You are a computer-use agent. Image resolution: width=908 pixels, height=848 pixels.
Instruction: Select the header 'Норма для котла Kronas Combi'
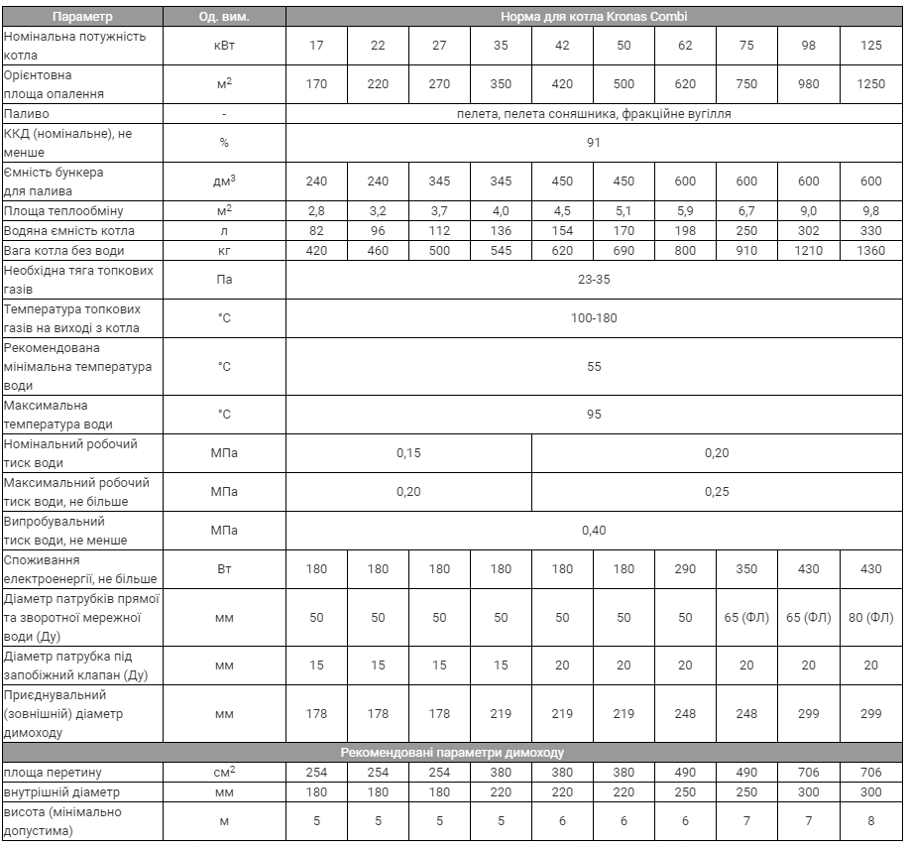point(593,17)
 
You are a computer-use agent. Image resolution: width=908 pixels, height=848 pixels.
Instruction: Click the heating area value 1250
point(870,83)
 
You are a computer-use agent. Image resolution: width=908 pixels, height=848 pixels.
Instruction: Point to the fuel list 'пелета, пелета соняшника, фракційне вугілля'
point(593,114)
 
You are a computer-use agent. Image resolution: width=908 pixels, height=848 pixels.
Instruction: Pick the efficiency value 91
point(593,142)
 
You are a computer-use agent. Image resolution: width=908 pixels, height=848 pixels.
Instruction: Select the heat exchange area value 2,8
point(316,210)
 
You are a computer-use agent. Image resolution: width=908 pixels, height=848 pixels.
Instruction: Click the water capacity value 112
point(439,230)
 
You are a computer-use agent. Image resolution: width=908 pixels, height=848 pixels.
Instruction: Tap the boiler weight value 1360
point(870,250)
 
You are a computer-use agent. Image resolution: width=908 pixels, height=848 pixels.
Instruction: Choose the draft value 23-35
point(593,281)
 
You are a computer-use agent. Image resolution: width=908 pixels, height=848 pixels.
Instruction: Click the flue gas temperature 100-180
point(593,319)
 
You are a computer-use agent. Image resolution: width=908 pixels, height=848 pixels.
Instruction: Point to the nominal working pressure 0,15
point(408,452)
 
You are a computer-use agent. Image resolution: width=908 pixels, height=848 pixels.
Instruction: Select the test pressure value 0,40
point(593,530)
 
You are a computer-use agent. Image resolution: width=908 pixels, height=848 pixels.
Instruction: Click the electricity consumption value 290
point(685,568)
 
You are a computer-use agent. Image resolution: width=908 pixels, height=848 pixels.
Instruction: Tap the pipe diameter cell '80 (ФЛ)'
point(870,617)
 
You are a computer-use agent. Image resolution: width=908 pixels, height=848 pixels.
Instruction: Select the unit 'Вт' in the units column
point(224,568)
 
